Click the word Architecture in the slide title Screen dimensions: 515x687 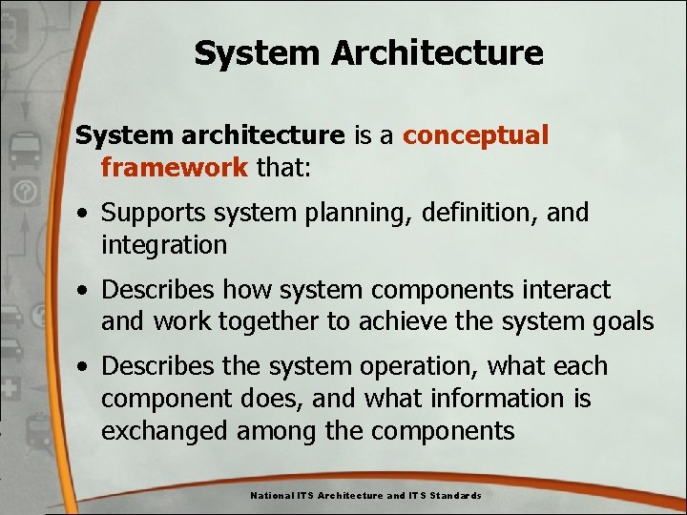(438, 52)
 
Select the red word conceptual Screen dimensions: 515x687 (475, 135)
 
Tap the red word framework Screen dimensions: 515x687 (175, 167)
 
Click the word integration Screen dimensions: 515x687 (164, 245)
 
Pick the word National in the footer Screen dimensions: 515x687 (272, 496)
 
